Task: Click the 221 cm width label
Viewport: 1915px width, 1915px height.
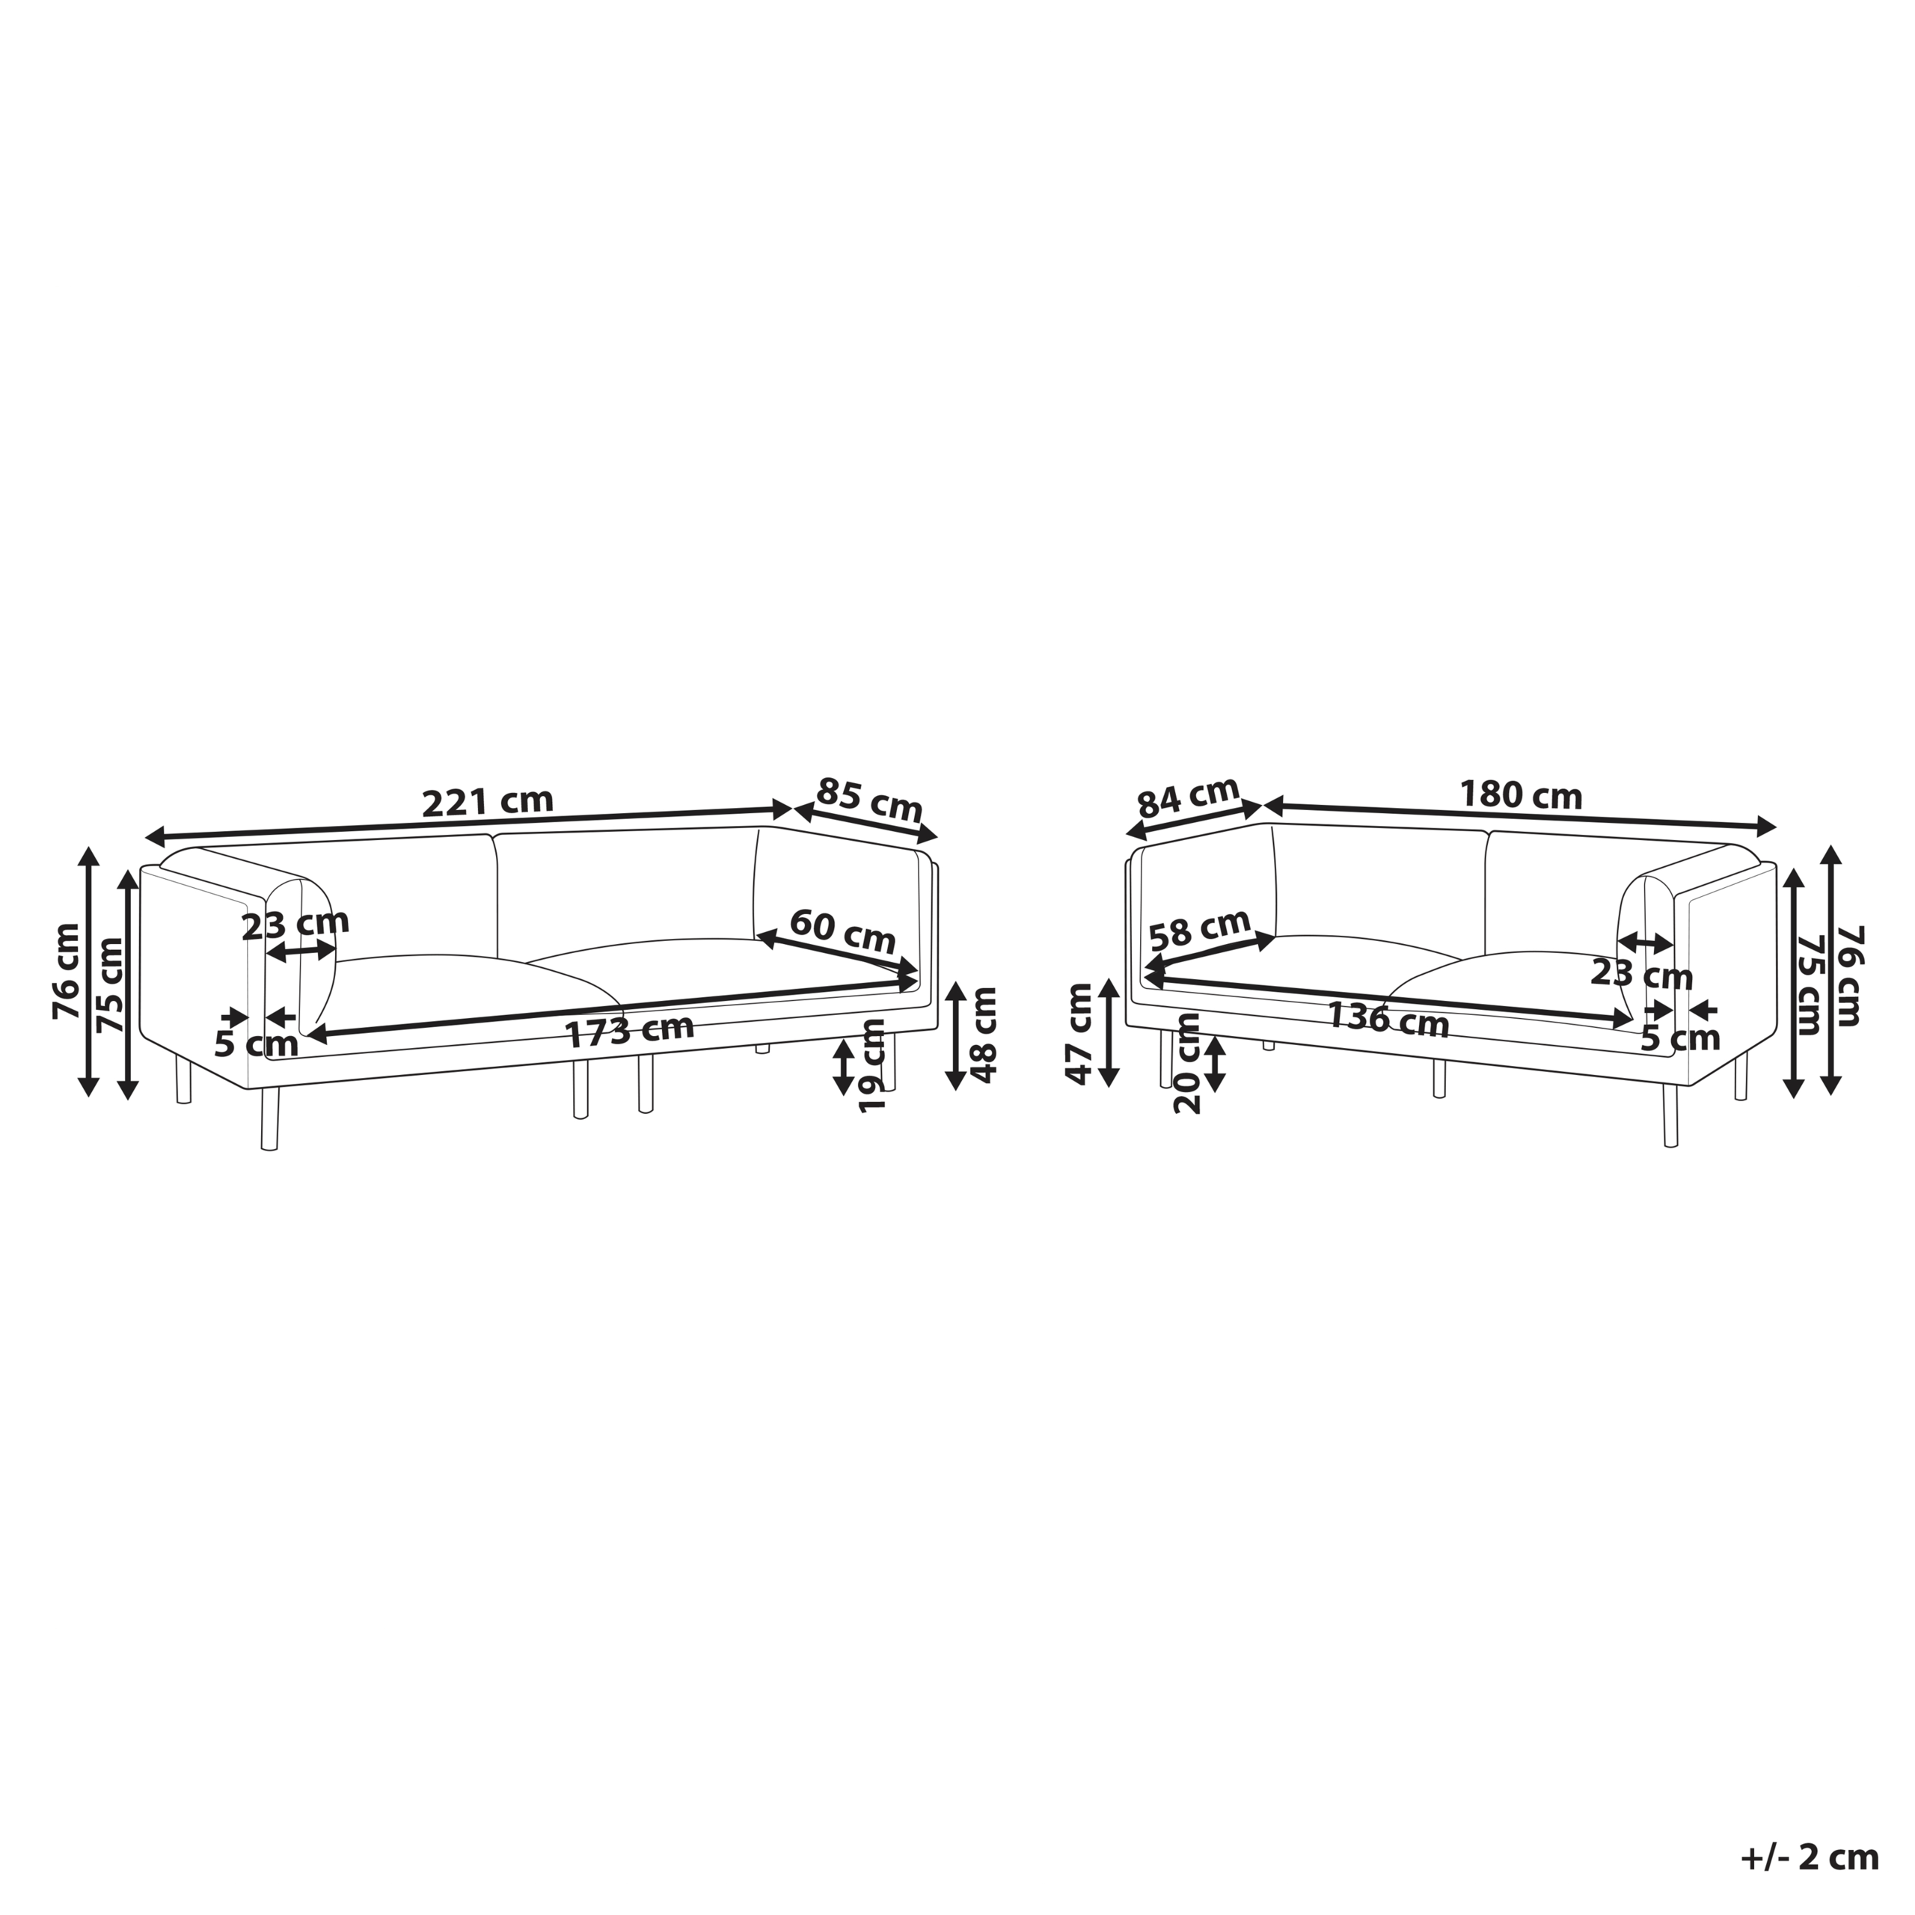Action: tap(488, 801)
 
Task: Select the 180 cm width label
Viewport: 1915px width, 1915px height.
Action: tap(1521, 795)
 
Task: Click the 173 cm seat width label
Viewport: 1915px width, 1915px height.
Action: tap(629, 1031)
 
